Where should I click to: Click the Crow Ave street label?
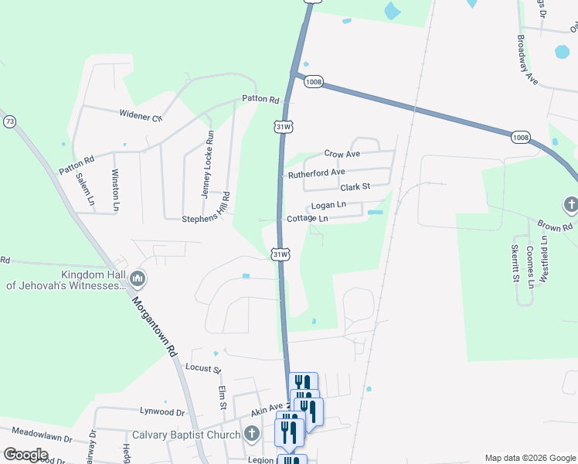coord(342,155)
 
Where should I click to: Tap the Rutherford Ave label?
coord(316,173)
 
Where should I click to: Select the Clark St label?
coord(355,187)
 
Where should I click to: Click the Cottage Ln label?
coord(308,219)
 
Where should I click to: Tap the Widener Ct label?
coord(141,116)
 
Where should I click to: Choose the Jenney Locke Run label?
coord(209,164)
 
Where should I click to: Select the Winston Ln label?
coord(115,189)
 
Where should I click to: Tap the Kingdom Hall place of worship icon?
coord(138,277)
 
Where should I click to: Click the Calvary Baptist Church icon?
coord(251,434)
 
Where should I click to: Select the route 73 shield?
coord(9,122)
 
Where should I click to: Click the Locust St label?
coord(203,369)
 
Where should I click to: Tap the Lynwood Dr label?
coord(162,412)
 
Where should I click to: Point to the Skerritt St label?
coord(515,264)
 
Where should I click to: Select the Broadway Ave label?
coord(527,59)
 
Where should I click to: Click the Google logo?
coord(25,455)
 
